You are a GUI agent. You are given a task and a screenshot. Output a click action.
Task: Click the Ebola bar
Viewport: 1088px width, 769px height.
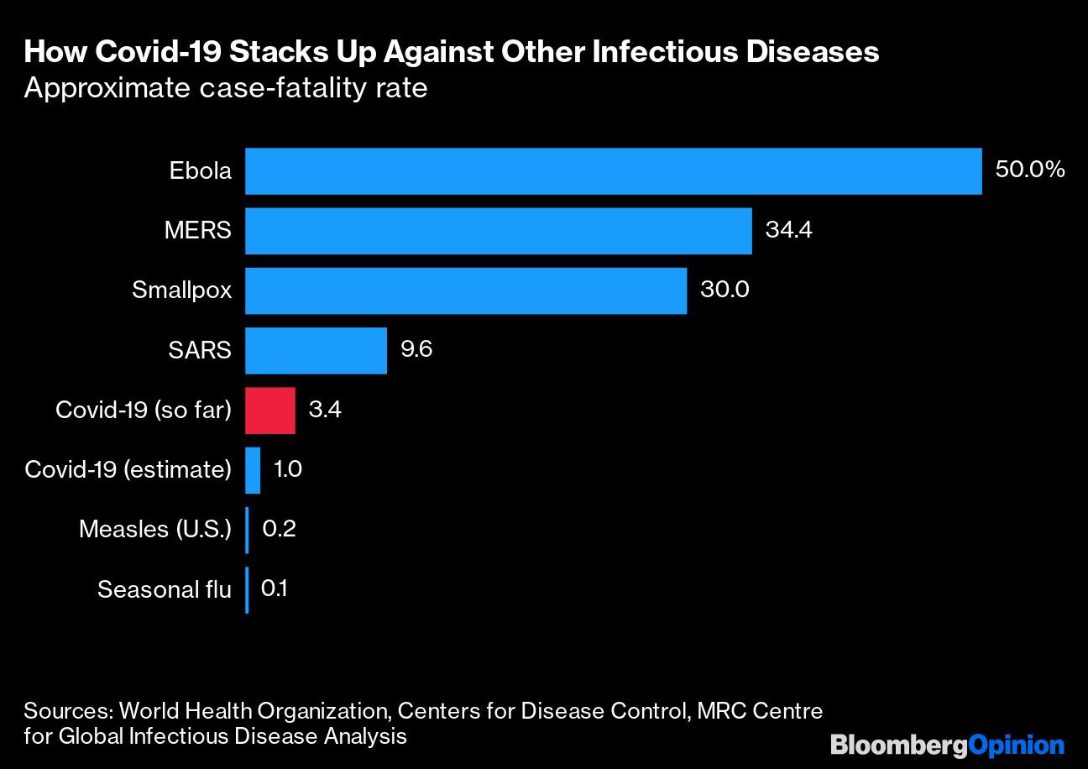pos(613,171)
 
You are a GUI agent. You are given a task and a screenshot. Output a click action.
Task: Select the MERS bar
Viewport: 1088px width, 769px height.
pos(498,231)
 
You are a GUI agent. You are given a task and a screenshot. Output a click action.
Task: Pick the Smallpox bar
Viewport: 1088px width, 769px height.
pos(466,290)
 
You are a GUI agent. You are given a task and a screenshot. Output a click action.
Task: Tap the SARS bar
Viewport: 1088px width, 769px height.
pos(316,350)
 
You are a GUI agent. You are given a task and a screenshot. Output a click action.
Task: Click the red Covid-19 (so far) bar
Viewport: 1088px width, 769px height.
pos(270,411)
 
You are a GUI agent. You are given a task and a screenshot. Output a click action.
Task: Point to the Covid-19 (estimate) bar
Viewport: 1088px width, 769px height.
pos(253,470)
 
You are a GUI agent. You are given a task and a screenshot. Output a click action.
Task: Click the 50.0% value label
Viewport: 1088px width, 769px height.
pos(1030,170)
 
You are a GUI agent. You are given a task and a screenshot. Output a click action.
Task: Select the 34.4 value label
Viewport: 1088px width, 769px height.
pos(789,230)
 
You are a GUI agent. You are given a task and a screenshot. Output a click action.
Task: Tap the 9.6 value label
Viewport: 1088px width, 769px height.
pos(416,350)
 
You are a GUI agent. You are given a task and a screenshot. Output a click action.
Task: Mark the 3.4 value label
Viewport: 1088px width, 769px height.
pos(325,410)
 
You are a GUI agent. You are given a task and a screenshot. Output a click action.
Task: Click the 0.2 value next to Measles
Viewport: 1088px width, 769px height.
pos(279,530)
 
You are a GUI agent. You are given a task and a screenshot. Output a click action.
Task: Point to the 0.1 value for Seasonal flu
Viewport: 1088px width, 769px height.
pos(275,589)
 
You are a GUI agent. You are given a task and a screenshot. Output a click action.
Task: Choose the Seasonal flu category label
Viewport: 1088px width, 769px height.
pos(164,589)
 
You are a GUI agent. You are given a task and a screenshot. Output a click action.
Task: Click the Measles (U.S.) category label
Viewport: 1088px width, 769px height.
pos(154,530)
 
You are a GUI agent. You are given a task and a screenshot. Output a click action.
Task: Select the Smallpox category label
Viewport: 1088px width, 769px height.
pos(181,290)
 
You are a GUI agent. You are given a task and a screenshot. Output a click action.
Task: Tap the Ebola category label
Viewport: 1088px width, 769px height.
pos(200,171)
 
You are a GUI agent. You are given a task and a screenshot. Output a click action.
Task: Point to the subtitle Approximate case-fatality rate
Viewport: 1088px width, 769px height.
pos(226,88)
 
